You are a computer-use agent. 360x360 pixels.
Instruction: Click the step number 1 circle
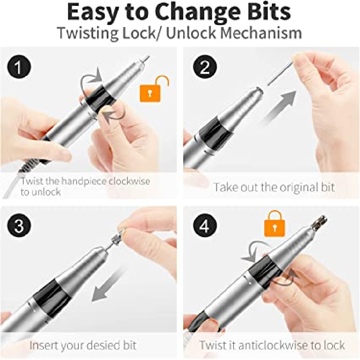(19, 67)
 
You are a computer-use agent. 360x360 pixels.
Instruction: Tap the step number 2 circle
(205, 67)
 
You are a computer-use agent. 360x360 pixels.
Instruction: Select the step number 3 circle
(19, 226)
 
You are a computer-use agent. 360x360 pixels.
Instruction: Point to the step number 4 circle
(205, 226)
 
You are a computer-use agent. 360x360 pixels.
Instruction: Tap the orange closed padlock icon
(274, 224)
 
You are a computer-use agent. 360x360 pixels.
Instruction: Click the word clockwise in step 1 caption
(129, 181)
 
